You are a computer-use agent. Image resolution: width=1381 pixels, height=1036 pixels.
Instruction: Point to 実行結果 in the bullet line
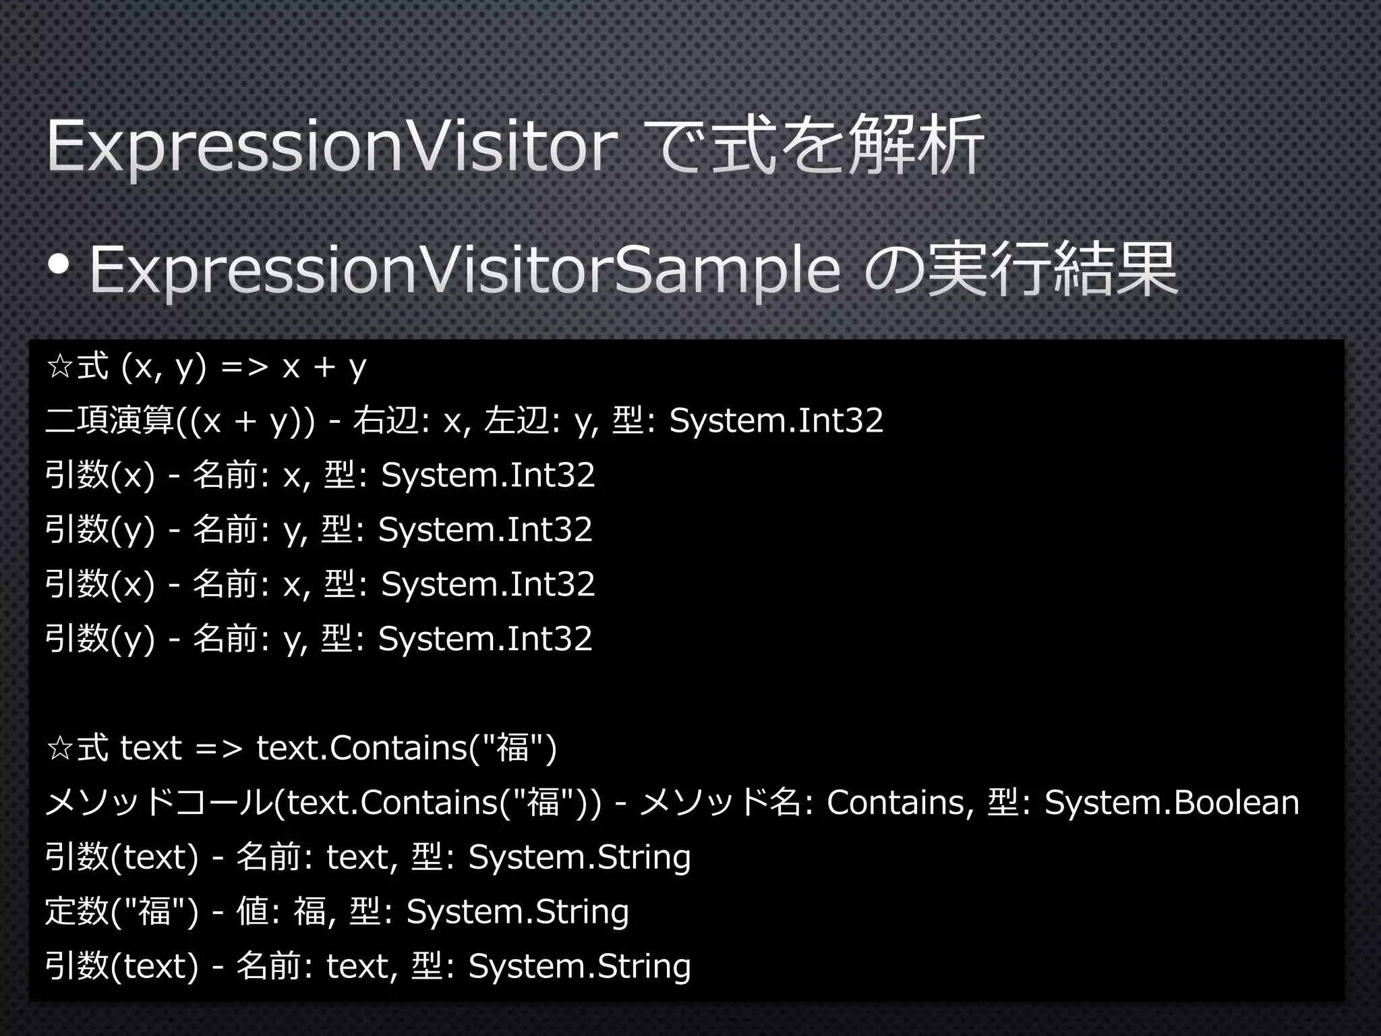pyautogui.click(x=1052, y=270)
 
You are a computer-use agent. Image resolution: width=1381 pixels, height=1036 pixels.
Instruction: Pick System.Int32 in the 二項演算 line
pyautogui.click(x=775, y=421)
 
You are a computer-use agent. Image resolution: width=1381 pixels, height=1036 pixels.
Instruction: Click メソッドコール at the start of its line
pyautogui.click(x=159, y=803)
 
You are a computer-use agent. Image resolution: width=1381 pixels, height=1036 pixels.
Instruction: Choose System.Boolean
pyautogui.click(x=1171, y=803)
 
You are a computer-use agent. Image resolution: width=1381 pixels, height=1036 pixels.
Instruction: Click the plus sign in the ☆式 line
pyautogui.click(x=324, y=368)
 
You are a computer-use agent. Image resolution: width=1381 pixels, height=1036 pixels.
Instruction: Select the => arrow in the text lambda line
pyautogui.click(x=218, y=749)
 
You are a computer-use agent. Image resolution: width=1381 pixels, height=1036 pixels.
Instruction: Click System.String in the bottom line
pyautogui.click(x=579, y=966)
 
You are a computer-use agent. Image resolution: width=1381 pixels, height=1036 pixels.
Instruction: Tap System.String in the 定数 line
pyautogui.click(x=517, y=911)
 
